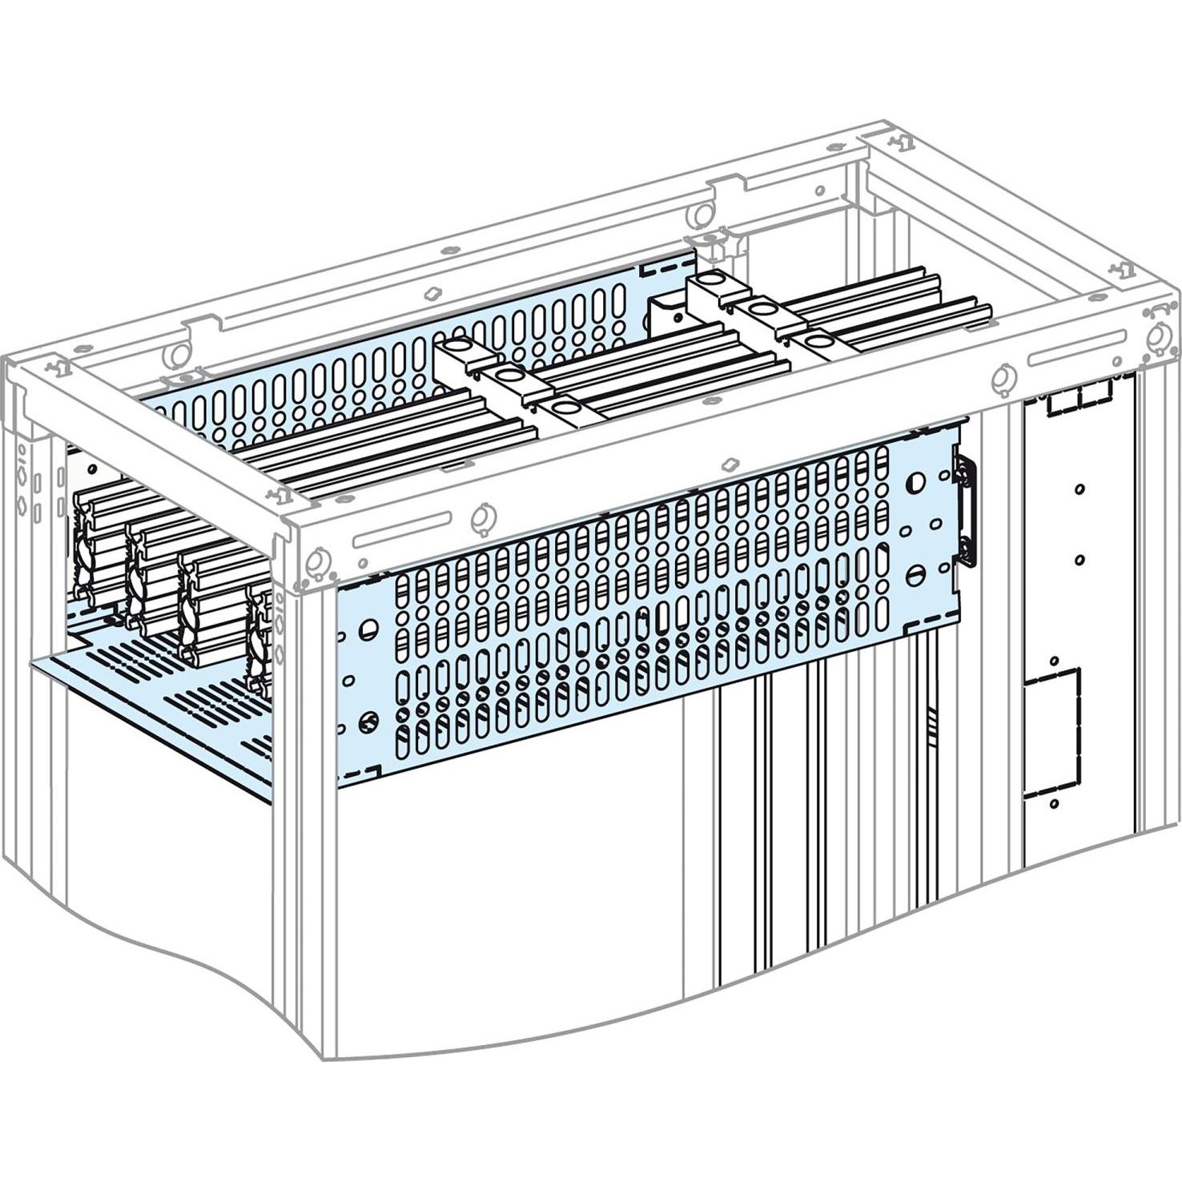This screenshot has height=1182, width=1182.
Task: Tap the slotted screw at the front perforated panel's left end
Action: pyautogui.click(x=368, y=720)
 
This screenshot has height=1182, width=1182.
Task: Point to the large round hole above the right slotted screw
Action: pyautogui.click(x=915, y=483)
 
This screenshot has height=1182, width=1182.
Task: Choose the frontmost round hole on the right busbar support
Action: pyautogui.click(x=818, y=342)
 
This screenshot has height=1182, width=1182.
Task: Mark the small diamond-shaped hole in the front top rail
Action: pyautogui.click(x=728, y=464)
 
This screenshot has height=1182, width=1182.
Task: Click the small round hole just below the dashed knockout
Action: pyautogui.click(x=1054, y=802)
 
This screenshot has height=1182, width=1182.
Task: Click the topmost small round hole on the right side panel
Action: pyautogui.click(x=1079, y=488)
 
